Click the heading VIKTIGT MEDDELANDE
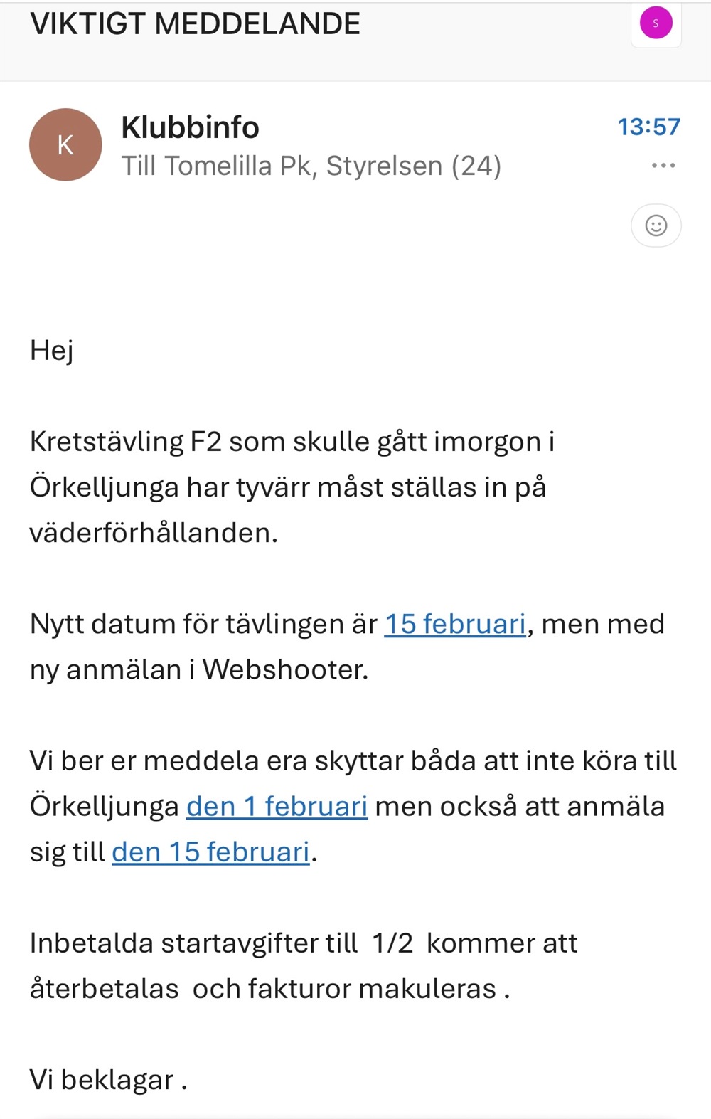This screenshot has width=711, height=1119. (x=195, y=24)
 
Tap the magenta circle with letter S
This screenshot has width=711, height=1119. (x=656, y=23)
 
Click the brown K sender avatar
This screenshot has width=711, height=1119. (x=65, y=144)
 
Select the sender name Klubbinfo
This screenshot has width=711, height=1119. (x=190, y=128)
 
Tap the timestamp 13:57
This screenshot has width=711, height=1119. (x=648, y=127)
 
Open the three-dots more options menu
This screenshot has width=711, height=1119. (x=663, y=166)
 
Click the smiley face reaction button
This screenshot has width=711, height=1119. (x=656, y=226)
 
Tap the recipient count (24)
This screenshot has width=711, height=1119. (x=476, y=166)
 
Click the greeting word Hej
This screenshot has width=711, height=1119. (x=51, y=351)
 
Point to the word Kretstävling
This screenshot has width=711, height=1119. (x=107, y=442)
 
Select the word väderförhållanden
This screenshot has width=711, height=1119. (x=153, y=533)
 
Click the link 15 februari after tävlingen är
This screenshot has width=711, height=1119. (x=455, y=624)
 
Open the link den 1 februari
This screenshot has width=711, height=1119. (x=277, y=806)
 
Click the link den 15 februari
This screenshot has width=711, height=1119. (x=210, y=852)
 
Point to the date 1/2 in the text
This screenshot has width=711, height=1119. (x=392, y=943)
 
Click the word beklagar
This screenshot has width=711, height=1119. (x=117, y=1080)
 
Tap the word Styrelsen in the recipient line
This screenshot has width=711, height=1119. (x=384, y=166)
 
